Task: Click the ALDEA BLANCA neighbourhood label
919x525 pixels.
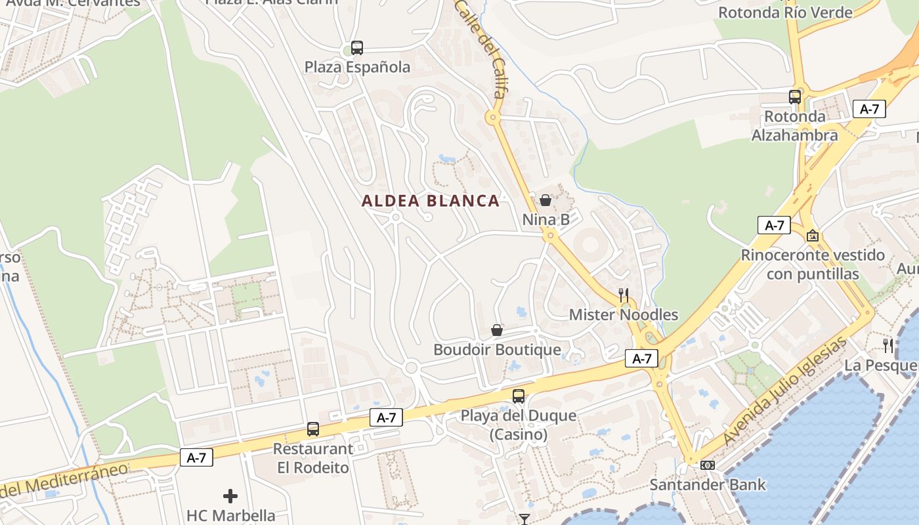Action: (x=431, y=201)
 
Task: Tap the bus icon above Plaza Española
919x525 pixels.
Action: (x=356, y=48)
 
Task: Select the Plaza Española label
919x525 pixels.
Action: (x=357, y=67)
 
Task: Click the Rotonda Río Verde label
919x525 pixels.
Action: (x=785, y=12)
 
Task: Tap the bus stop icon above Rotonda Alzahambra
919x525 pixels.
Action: (x=794, y=97)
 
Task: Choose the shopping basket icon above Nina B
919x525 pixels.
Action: (x=545, y=200)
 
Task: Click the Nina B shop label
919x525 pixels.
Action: (x=546, y=219)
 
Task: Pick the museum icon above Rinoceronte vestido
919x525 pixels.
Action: (x=813, y=236)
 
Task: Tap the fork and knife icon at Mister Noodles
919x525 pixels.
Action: (x=623, y=295)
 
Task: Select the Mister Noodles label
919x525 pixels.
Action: (x=623, y=314)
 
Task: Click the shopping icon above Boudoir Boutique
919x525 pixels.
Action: (x=497, y=330)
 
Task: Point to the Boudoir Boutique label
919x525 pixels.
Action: (x=497, y=350)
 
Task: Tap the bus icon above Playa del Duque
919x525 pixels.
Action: (x=519, y=396)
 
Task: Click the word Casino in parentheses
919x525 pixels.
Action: (x=519, y=434)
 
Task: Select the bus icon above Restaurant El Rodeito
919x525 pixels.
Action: (x=313, y=429)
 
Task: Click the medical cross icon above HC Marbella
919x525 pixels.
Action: (x=230, y=496)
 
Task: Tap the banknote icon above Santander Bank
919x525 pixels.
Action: (x=707, y=465)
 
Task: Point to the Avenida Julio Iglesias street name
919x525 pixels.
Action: (x=786, y=391)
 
